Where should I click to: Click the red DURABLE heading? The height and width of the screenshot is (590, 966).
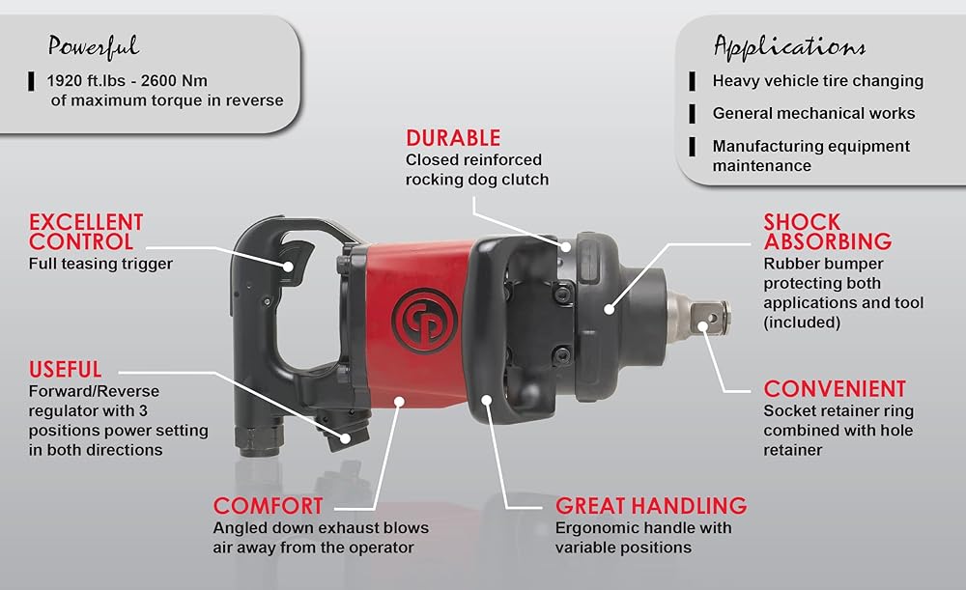[453, 137]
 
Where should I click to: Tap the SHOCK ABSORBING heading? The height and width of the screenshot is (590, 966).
[828, 232]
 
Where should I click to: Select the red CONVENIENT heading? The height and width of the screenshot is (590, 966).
[835, 388]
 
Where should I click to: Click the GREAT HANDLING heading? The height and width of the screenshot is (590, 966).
[651, 506]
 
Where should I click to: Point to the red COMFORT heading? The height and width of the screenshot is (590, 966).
[268, 506]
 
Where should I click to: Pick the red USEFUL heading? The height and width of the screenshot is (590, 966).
[66, 369]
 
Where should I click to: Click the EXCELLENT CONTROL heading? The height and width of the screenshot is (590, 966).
[86, 232]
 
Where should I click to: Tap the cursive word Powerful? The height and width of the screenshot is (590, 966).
[94, 46]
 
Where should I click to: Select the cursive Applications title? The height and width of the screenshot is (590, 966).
[789, 46]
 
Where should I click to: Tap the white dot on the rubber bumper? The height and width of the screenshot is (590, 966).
[609, 309]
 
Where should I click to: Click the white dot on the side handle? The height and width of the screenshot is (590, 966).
[487, 401]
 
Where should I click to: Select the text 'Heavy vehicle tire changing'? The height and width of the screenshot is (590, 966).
[817, 81]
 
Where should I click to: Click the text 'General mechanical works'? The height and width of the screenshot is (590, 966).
[813, 113]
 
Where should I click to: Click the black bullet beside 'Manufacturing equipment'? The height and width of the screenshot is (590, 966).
[693, 147]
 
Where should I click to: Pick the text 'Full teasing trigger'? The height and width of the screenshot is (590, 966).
[100, 264]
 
